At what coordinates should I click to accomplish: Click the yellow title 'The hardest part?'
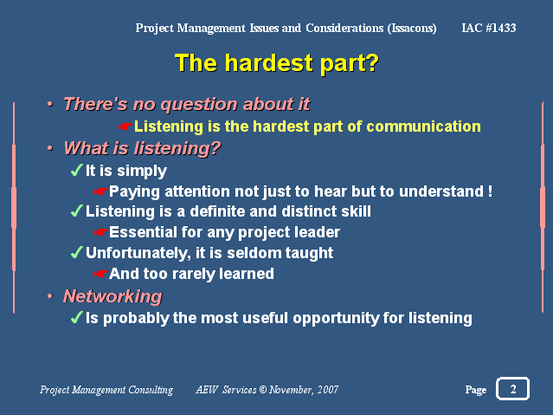point(277,63)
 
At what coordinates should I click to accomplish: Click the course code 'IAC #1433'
point(489,28)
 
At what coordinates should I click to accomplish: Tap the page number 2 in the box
point(513,389)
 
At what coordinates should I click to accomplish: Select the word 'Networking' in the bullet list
point(113,296)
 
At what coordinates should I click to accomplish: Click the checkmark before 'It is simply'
point(76,170)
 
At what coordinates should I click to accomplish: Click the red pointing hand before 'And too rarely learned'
point(101,274)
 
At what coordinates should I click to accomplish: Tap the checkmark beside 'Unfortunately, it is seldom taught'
point(76,252)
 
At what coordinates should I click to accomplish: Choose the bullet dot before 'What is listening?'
point(50,148)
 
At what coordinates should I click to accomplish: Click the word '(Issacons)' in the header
point(412,29)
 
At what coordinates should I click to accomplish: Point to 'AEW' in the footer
point(207,390)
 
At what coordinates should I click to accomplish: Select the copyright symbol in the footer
point(263,390)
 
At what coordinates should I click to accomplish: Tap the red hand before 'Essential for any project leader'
point(101,232)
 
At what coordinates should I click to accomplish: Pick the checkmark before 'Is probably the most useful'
point(76,317)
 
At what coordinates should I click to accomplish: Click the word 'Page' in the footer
point(476,390)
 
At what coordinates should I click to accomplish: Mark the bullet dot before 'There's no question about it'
point(50,104)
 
